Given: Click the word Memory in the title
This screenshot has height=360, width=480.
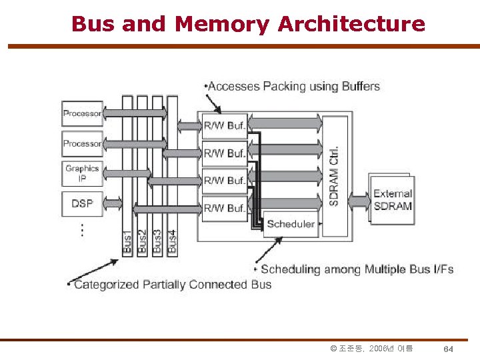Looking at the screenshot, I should coord(222,24).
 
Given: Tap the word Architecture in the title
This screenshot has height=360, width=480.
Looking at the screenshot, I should coord(351,24).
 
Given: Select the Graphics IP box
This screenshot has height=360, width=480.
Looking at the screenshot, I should coord(82,173).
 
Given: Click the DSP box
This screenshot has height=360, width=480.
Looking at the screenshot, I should coord(82,203).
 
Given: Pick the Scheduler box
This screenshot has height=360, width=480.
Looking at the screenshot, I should coord(291,224).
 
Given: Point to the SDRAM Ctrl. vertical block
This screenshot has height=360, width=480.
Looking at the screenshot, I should coord(335,175).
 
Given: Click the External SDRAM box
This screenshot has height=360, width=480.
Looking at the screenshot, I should coord(392,199).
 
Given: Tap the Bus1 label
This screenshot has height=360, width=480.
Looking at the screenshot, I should coord(127,241).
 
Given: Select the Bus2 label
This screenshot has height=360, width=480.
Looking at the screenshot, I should coord(142,241).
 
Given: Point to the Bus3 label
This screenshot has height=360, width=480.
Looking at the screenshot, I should coord(157,241).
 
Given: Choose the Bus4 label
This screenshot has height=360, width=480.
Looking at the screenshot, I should coord(172,241).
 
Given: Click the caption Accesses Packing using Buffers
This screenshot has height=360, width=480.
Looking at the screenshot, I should coord(293,86).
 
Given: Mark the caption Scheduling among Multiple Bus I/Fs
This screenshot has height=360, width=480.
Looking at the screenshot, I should coord(357,269).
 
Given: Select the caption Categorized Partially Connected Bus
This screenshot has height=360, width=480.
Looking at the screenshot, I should coord(172,285).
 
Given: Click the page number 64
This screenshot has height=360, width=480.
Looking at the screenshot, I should coord(449,349).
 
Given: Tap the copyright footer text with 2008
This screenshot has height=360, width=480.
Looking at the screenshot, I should coord(371,349).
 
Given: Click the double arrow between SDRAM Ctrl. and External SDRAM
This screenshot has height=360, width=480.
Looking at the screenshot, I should coord(359,199).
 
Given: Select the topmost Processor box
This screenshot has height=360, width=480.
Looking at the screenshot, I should coord(82,113).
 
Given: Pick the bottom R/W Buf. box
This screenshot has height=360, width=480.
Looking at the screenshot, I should coord(225,208).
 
